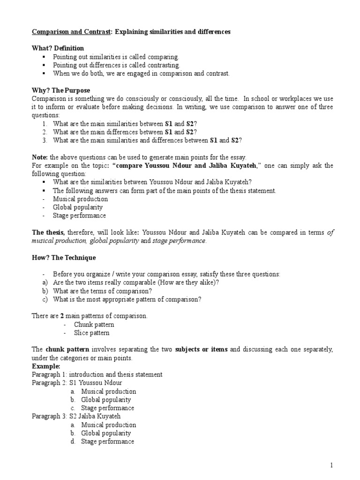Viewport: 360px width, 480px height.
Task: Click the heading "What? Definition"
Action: (x=58, y=48)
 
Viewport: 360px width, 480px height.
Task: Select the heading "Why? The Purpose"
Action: (x=61, y=90)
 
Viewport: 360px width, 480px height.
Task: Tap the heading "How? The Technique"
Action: (x=64, y=257)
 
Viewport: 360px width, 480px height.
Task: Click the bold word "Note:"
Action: (x=40, y=157)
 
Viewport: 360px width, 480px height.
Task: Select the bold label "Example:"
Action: (x=46, y=366)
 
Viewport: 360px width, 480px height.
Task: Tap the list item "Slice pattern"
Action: (x=91, y=332)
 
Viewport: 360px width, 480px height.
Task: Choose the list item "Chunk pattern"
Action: (x=94, y=324)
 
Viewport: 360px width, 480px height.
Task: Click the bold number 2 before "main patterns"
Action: (x=62, y=315)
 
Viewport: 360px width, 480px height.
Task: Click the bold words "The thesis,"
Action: (x=49, y=232)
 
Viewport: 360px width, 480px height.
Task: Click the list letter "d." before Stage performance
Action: (x=73, y=442)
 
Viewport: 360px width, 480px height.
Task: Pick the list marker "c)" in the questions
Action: (x=45, y=299)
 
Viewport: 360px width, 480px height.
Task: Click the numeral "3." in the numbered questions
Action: (x=45, y=140)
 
